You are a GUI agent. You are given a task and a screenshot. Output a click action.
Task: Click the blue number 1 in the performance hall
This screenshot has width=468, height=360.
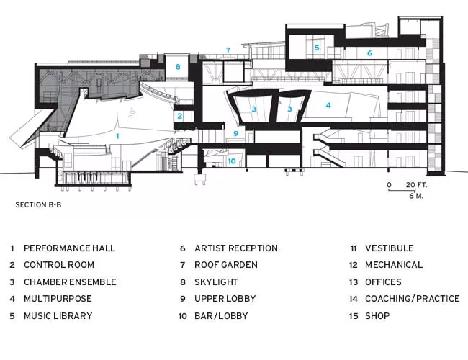click(x=117, y=136)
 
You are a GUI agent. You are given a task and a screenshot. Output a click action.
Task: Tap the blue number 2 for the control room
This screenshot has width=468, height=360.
click(x=180, y=116)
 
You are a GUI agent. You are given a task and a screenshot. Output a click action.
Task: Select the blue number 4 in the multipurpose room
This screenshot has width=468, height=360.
click(x=328, y=105)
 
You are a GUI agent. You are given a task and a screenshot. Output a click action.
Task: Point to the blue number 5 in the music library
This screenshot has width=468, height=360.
click(x=317, y=48)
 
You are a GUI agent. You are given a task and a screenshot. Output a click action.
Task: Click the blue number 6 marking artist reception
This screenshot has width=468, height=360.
click(x=369, y=53)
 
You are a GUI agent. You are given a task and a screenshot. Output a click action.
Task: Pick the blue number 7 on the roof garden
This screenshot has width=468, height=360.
click(x=228, y=50)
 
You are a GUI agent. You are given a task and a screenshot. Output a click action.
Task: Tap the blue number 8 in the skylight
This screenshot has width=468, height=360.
click(x=178, y=67)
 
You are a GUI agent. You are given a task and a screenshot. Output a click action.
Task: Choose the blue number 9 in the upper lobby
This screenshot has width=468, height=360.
click(x=235, y=133)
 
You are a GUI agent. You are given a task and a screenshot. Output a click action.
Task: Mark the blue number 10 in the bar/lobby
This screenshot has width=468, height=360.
click(x=232, y=161)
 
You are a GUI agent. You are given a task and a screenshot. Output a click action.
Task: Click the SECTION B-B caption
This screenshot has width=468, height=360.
click(x=38, y=204)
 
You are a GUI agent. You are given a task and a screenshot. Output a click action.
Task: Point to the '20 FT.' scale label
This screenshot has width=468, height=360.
click(x=416, y=185)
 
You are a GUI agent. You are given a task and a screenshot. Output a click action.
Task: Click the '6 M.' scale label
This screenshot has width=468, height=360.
click(x=416, y=196)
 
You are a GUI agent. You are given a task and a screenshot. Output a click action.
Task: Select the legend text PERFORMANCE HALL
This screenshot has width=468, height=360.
click(x=69, y=248)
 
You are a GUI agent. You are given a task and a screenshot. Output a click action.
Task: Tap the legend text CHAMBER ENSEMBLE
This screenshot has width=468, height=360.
click(x=70, y=282)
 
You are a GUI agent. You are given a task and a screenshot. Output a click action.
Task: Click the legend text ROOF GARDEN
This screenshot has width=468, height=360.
click(x=226, y=265)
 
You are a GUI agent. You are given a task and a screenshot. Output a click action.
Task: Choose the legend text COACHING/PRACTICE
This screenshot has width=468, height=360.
click(x=412, y=299)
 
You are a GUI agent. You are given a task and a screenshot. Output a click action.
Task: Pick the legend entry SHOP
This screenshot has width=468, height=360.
click(x=377, y=315)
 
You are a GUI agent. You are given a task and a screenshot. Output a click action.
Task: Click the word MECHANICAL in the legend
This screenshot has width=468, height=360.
click(x=394, y=265)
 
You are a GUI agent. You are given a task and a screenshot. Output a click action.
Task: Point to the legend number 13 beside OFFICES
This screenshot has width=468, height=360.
click(x=354, y=282)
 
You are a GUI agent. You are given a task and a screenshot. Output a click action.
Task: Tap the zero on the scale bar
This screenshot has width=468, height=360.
click(x=390, y=185)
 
